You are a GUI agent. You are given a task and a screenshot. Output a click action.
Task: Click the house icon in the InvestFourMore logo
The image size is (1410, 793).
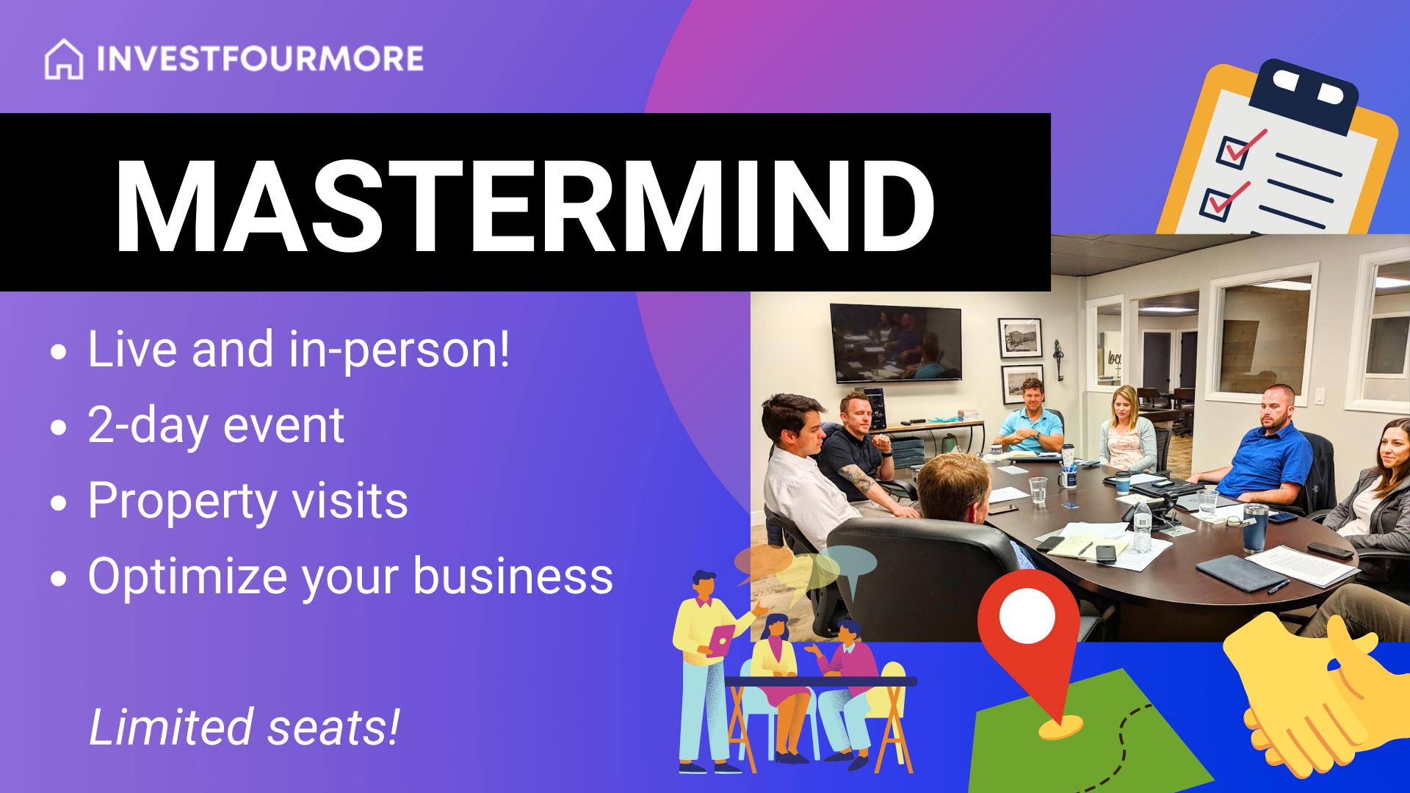(64, 59)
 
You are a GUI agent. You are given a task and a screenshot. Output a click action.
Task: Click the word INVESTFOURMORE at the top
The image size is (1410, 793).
(260, 59)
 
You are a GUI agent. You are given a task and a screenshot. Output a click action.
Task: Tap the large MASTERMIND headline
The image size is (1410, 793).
(525, 205)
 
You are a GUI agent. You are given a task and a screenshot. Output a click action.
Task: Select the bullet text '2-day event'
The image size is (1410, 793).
(216, 426)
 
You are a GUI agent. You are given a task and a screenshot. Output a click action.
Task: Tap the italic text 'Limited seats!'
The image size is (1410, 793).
(244, 727)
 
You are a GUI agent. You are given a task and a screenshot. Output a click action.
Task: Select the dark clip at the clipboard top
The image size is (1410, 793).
(1304, 95)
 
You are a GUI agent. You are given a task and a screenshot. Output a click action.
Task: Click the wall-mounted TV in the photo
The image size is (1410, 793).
(896, 343)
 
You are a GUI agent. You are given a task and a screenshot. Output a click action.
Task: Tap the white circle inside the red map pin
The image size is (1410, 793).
(1027, 615)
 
